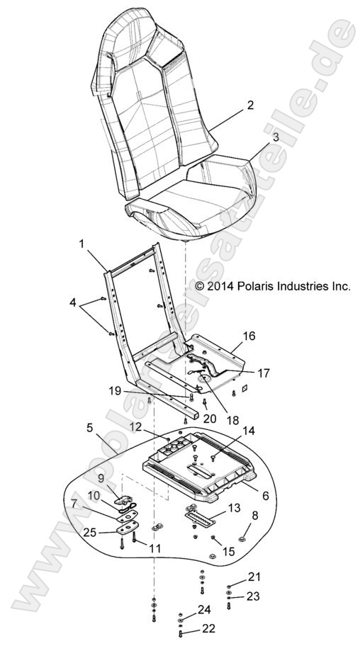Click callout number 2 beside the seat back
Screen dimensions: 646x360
[x=249, y=106]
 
